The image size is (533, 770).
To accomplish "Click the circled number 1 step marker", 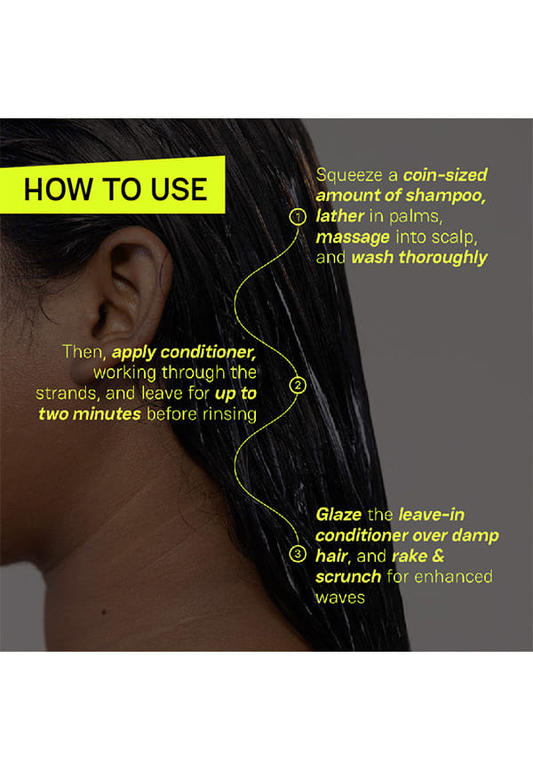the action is point(298,217).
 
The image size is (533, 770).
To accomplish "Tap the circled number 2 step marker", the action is point(298,385).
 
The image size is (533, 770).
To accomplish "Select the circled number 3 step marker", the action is point(298,554).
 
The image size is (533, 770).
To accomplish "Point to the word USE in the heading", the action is point(179,189).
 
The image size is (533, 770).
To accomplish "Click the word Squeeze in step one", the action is point(349,175).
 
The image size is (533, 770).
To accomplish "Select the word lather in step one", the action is point(339,215).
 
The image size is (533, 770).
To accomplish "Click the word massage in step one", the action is point(353,237).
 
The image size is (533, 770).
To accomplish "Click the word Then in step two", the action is point(84,351).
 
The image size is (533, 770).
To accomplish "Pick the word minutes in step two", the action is point(107,414).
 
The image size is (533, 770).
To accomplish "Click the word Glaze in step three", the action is point(338,515).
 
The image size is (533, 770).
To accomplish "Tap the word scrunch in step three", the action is point(348,576).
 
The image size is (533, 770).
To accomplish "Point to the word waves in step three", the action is point(340,598).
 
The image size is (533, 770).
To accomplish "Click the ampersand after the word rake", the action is point(438,556).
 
